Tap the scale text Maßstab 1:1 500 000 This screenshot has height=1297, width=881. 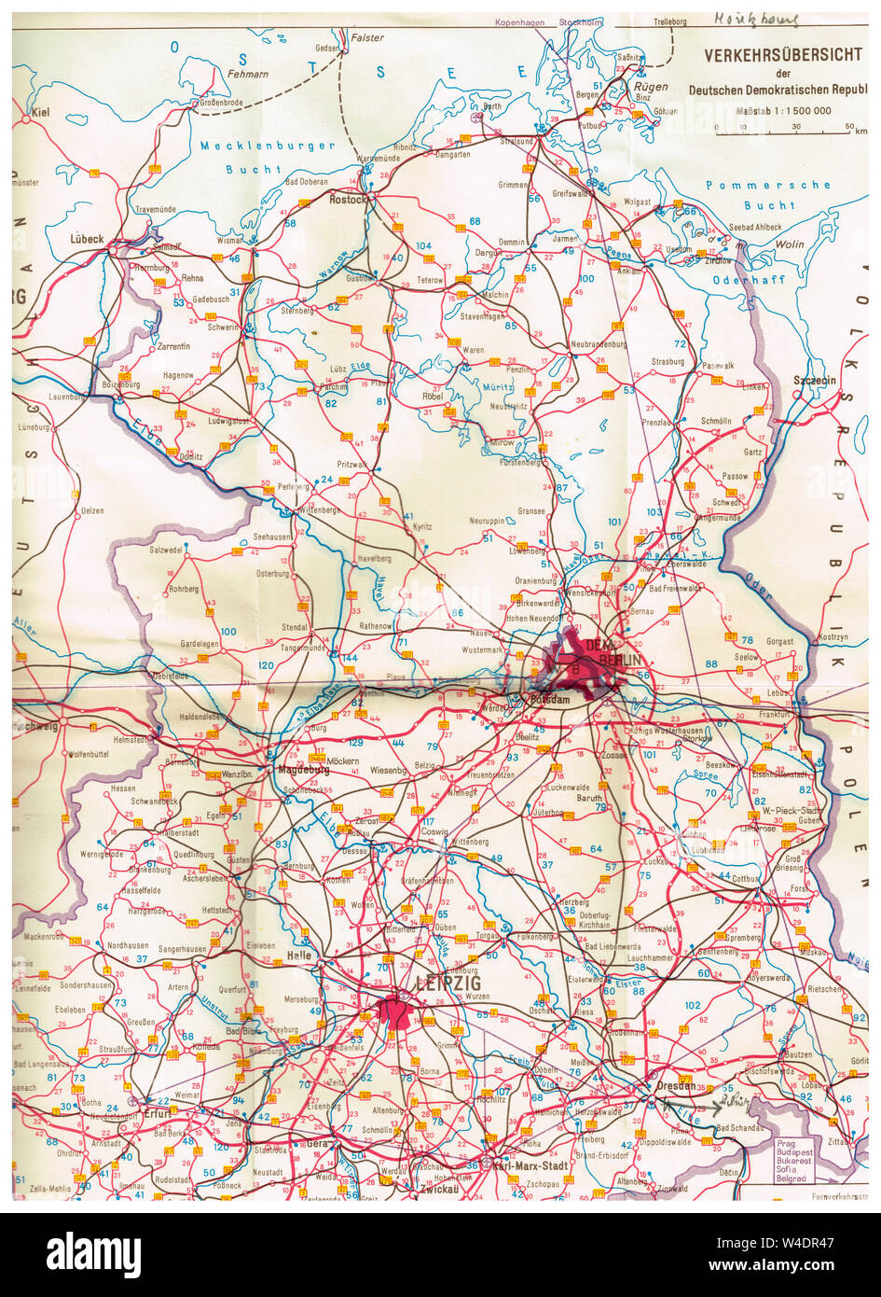click(784, 110)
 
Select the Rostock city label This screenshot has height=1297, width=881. click(348, 199)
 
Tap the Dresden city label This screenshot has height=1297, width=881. click(674, 1085)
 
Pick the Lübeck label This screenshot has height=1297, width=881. click(87, 239)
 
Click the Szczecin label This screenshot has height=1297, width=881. click(814, 381)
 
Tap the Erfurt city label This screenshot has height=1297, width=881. click(158, 1113)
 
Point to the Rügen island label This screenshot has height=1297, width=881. click(651, 86)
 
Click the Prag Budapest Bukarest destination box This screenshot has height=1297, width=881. click(795, 1160)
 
